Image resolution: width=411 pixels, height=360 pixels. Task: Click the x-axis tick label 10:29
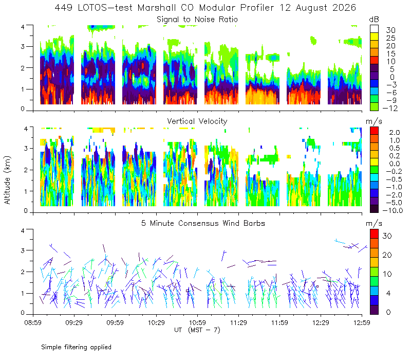(x=156, y=322)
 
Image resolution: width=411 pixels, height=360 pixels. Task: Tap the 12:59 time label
(x=362, y=322)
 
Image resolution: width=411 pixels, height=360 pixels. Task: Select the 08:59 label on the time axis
(x=33, y=322)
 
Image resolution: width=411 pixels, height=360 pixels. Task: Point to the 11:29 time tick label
(x=238, y=322)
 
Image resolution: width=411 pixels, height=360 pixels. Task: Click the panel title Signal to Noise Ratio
(x=197, y=20)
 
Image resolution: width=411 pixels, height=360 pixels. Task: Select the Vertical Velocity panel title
(x=197, y=121)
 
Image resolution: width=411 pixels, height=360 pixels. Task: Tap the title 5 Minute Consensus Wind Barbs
(x=203, y=223)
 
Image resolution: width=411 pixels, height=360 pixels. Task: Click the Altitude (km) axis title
(x=7, y=180)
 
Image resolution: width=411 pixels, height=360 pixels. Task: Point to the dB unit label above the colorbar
(x=374, y=20)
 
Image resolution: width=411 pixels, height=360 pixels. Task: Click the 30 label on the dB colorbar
(x=390, y=30)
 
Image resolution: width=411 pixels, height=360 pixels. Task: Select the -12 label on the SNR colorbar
(x=390, y=108)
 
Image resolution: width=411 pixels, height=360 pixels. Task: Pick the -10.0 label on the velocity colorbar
(x=393, y=210)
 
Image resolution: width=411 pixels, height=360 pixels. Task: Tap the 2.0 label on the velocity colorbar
(x=395, y=133)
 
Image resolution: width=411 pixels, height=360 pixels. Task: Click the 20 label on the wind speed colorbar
(x=387, y=255)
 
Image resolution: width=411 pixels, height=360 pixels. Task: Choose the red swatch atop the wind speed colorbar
(x=374, y=234)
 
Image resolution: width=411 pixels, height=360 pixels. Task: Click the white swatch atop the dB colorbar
(x=374, y=29)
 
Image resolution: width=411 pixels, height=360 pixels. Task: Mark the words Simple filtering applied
(x=76, y=348)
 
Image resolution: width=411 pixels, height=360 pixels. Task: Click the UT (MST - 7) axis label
(x=197, y=330)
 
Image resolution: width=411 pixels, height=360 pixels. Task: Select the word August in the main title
(x=312, y=8)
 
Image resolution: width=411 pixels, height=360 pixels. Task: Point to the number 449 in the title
(x=63, y=8)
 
